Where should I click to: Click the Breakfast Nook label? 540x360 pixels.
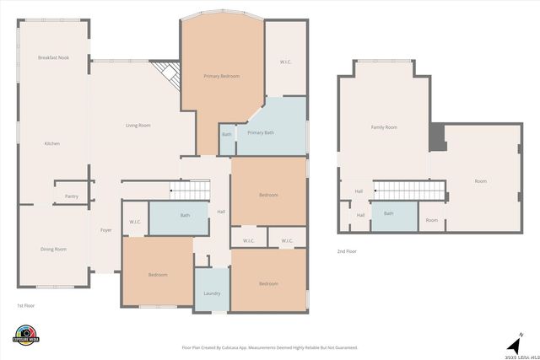coord(52,57)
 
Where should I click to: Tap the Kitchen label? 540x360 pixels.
coord(52,143)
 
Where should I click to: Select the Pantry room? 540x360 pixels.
coord(72,196)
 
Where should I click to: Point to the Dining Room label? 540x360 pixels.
coord(53,249)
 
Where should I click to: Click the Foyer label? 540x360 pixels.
coord(106,229)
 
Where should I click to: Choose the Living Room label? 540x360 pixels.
coord(138,126)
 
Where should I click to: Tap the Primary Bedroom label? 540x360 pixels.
coord(221,77)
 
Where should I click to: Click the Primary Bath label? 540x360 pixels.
coord(261,132)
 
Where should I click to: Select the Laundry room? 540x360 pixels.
coord(212,293)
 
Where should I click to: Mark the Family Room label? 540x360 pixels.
coord(384,127)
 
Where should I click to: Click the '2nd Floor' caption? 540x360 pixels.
coord(346,251)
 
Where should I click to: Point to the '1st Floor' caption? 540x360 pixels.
coord(26,305)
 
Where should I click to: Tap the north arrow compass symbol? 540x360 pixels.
coord(512,344)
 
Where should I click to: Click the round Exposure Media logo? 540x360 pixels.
coord(27,334)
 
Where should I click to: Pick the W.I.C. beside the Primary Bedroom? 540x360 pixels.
coord(286,62)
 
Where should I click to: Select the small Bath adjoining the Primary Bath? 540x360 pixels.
coord(226,135)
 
